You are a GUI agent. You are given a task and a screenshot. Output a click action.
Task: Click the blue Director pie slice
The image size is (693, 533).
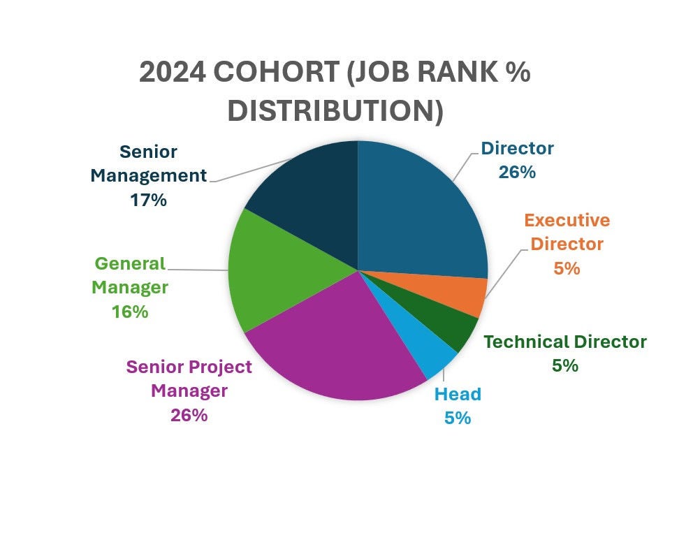[x=419, y=210]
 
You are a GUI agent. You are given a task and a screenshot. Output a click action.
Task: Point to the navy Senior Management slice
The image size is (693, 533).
[x=307, y=196]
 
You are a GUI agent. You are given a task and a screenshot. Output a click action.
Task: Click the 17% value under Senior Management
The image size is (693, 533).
[x=148, y=200]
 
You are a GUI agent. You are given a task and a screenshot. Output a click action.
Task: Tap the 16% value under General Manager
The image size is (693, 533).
[x=130, y=312]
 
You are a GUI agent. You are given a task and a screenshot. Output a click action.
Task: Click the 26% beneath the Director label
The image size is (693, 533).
[x=517, y=172]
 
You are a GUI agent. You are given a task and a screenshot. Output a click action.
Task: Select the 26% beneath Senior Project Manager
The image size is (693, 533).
[x=189, y=415]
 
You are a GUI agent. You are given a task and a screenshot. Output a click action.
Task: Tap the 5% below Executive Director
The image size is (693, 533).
[x=567, y=268]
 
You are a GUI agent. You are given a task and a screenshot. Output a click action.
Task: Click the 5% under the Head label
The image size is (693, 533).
[x=458, y=418]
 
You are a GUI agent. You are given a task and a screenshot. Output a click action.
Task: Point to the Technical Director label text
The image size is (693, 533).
[x=564, y=342]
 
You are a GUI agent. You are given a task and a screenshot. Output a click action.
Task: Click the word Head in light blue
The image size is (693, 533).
[x=458, y=394]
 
